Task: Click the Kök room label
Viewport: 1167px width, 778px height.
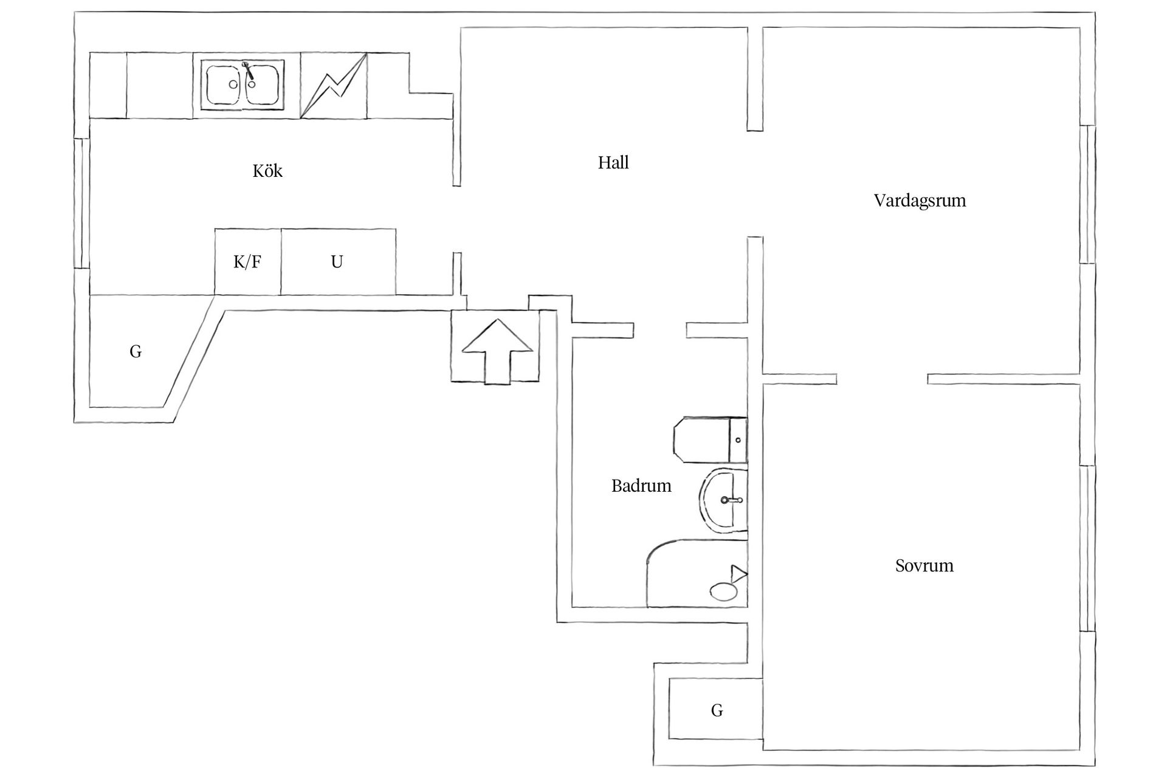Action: coord(267,171)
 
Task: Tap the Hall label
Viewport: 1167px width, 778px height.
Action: coord(613,162)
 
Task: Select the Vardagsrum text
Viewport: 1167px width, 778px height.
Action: coord(919,201)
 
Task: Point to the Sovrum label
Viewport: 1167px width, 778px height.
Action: coord(924,566)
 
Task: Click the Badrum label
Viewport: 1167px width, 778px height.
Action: coord(641,486)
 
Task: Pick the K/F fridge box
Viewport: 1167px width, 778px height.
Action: coord(247,262)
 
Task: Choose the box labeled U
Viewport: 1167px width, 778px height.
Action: coord(338,262)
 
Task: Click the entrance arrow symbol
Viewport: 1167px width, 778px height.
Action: coord(497,351)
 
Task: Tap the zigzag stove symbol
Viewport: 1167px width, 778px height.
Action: coord(334,86)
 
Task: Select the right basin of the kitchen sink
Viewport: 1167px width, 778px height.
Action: coord(263,85)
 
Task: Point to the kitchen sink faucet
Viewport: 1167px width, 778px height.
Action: coord(247,69)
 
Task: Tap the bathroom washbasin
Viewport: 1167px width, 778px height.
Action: coord(723,500)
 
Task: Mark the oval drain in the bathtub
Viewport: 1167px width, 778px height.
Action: coord(723,591)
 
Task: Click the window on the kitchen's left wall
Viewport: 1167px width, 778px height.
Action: coord(78,204)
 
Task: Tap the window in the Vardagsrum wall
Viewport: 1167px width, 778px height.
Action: coord(1087,194)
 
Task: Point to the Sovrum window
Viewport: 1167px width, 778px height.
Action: coord(1087,549)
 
